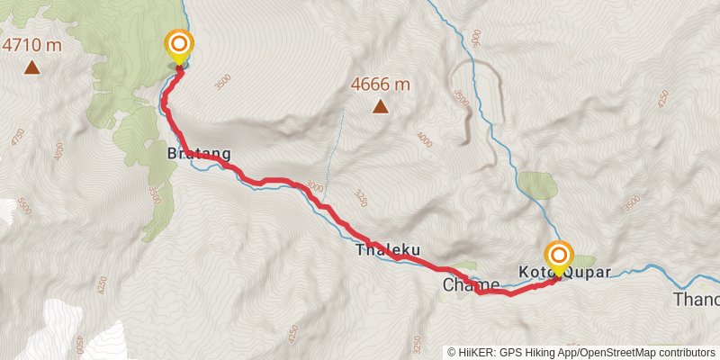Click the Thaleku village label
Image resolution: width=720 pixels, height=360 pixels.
[x=388, y=249]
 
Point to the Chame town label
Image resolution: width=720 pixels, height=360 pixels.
[x=471, y=284]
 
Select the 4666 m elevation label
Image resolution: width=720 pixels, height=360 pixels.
[x=381, y=85]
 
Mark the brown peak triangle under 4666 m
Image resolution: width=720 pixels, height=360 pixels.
[x=381, y=108]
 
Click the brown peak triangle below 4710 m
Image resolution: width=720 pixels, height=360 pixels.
[x=31, y=67]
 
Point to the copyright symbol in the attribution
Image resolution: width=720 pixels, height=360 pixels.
[x=452, y=353]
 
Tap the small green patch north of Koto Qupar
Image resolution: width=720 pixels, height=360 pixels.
[x=538, y=184]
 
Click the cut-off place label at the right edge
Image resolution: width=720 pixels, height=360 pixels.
[x=697, y=300]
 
